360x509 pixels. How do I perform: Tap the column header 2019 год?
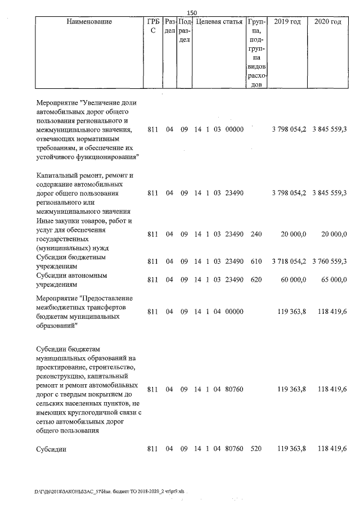click(x=287, y=22)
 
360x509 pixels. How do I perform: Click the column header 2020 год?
click(x=328, y=22)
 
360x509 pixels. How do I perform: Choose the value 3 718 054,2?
click(x=289, y=261)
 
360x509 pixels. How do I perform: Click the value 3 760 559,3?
click(x=330, y=261)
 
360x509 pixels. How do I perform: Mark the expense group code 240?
click(x=256, y=234)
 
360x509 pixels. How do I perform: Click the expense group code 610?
click(x=256, y=261)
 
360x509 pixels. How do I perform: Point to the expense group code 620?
click(x=256, y=280)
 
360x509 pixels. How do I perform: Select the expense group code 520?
click(x=256, y=449)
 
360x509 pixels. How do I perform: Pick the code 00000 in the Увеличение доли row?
click(x=234, y=130)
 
